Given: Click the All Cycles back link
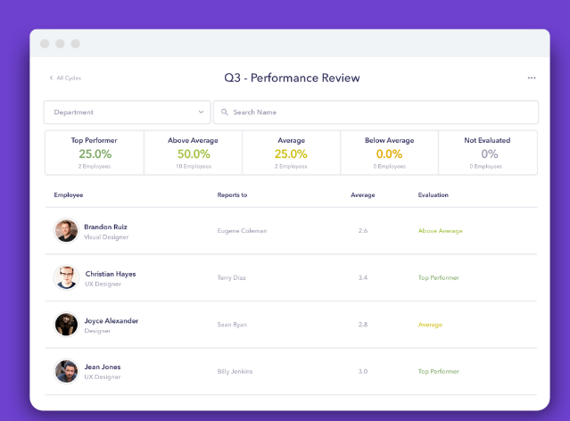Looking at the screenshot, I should pyautogui.click(x=65, y=78).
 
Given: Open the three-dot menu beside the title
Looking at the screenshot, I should pyautogui.click(x=532, y=78).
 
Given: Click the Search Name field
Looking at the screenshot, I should pyautogui.click(x=375, y=112).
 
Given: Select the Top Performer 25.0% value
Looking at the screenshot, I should pyautogui.click(x=95, y=153).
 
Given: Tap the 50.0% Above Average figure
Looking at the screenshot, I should pyautogui.click(x=193, y=153).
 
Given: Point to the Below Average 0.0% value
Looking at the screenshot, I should pyautogui.click(x=389, y=153).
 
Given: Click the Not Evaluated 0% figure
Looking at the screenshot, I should pyautogui.click(x=489, y=153).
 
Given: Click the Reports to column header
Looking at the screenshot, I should pyautogui.click(x=232, y=194).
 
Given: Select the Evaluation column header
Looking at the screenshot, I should pyautogui.click(x=433, y=194).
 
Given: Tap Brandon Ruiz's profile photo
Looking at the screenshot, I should pyautogui.click(x=66, y=231).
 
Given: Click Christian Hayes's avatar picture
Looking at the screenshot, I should pyautogui.click(x=66, y=277).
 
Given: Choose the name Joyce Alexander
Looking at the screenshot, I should pyautogui.click(x=112, y=320).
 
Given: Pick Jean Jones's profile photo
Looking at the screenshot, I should pyautogui.click(x=66, y=371).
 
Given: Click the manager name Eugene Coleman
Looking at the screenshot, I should pyautogui.click(x=242, y=231).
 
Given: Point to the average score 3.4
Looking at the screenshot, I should pyautogui.click(x=362, y=277).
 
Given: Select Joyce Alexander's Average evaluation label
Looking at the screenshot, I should pyautogui.click(x=430, y=325).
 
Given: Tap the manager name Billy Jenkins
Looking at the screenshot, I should pyautogui.click(x=236, y=371).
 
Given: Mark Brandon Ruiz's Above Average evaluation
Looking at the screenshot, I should pyautogui.click(x=440, y=231).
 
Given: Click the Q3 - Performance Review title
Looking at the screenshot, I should pyautogui.click(x=292, y=78).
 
